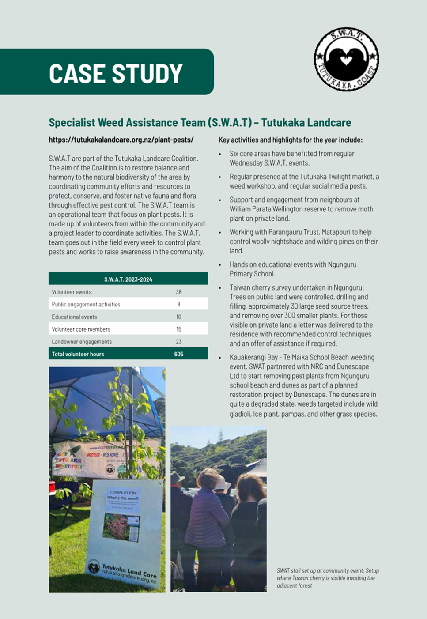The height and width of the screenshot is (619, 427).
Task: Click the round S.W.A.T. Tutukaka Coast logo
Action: (347, 59)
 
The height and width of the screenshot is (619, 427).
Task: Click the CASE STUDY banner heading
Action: (116, 73)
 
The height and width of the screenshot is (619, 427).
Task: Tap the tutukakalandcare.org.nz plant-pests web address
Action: (121, 140)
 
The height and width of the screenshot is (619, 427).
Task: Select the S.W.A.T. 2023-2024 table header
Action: (128, 279)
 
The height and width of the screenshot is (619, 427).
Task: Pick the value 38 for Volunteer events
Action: (178, 292)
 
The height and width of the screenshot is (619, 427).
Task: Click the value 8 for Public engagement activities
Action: (178, 304)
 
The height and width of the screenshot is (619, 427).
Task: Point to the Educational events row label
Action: (74, 317)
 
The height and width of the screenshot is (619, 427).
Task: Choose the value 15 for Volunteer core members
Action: (178, 329)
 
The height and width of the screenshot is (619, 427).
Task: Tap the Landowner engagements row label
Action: (82, 341)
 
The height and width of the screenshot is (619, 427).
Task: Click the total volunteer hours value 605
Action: (178, 354)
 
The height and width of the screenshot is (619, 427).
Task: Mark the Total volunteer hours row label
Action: (78, 354)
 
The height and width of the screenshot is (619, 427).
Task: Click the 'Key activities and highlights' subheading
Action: (290, 140)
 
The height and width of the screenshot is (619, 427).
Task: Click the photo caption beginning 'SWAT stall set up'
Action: (327, 577)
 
